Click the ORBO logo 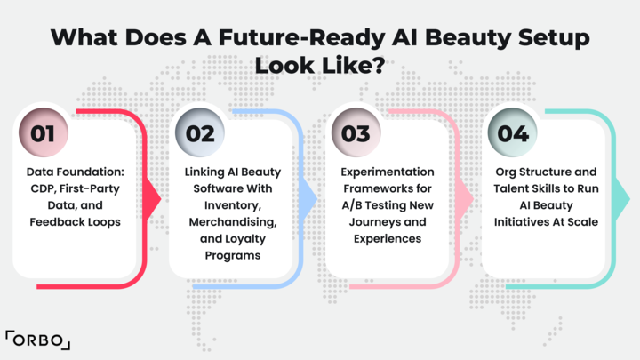(38, 340)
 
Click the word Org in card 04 (507, 171)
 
